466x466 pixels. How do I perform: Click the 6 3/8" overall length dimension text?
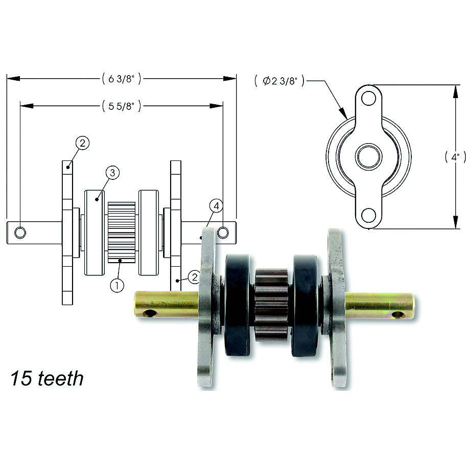(121, 79)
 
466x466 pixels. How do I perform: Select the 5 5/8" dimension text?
(121, 106)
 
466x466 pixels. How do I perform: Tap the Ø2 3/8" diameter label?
(279, 81)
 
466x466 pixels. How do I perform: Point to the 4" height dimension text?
(455, 157)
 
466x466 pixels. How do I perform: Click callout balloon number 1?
(117, 285)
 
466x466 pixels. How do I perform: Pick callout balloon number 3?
(112, 173)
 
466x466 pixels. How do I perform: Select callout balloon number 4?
(216, 206)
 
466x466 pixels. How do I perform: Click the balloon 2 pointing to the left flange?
(83, 143)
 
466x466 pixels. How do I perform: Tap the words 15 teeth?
(46, 379)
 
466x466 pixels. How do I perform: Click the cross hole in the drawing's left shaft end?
(20, 233)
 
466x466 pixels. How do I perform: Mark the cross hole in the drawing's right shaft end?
(223, 233)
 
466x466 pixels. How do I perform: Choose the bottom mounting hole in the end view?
(369, 216)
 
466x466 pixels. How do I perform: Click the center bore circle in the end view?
(369, 156)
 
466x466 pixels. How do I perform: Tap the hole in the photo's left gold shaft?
(150, 313)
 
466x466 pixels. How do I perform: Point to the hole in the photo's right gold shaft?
(398, 314)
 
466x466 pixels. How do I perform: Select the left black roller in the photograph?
(237, 305)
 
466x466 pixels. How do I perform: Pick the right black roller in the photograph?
(305, 305)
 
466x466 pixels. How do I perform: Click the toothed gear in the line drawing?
(122, 232)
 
